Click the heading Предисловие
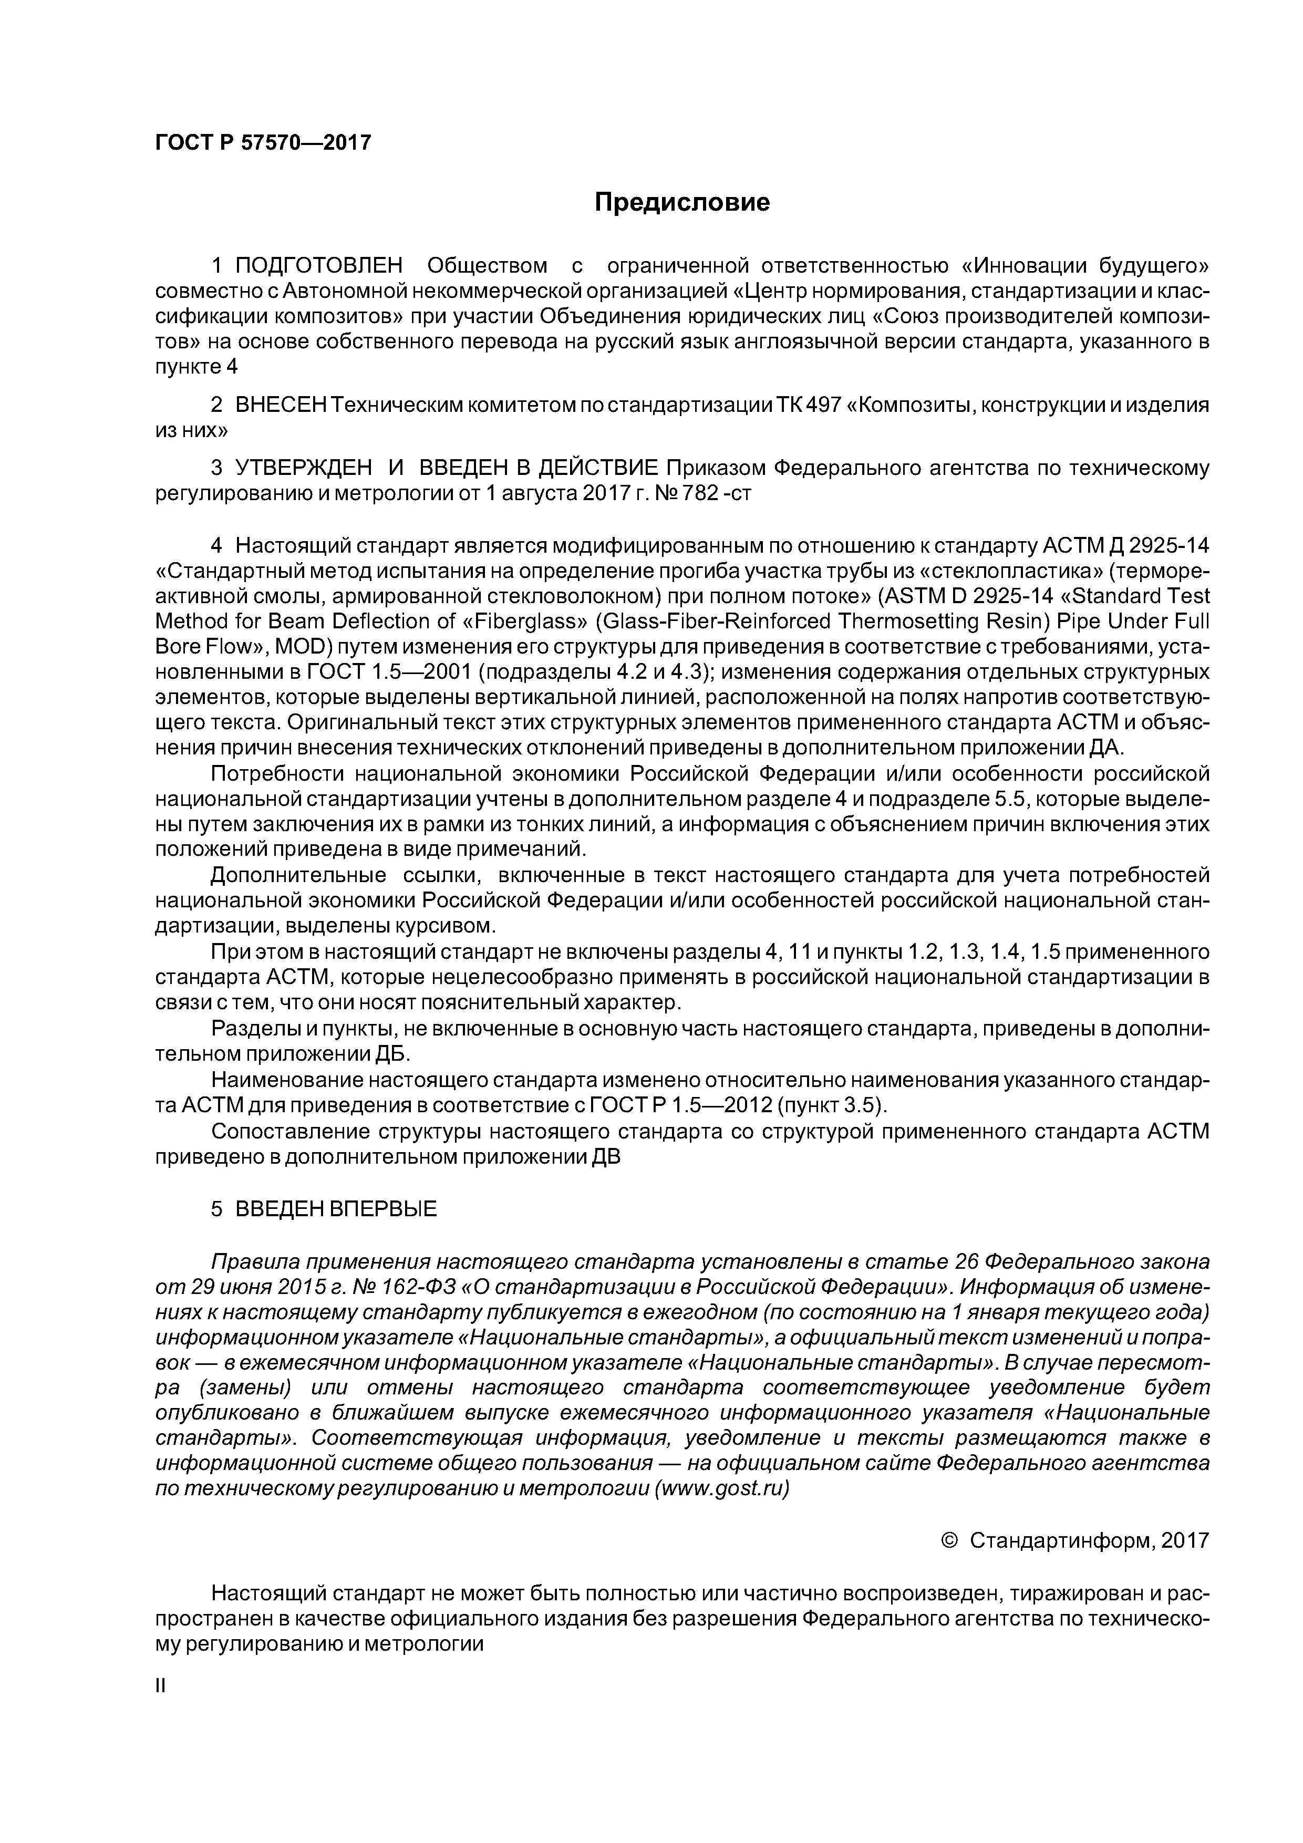click(681, 202)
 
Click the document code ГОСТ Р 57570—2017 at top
click(263, 143)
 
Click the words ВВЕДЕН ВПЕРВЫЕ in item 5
click(336, 1210)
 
